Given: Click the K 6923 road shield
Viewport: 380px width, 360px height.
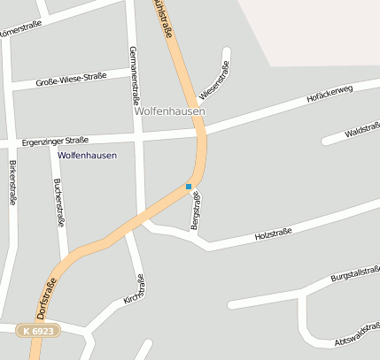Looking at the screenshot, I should click(39, 330).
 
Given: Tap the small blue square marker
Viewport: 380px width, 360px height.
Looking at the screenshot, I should click(189, 187).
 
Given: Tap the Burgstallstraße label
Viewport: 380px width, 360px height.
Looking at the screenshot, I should click(354, 277).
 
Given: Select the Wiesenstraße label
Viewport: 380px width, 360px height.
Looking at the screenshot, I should click(213, 80).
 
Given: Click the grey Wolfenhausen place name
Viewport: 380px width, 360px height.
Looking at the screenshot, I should click(169, 112).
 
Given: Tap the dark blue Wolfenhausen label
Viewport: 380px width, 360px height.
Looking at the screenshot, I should click(87, 155).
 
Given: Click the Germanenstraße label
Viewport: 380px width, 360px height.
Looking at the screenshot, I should click(134, 74).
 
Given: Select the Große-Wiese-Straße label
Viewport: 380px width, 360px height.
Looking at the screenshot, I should click(70, 80).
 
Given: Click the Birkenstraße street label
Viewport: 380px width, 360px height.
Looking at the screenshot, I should click(12, 182).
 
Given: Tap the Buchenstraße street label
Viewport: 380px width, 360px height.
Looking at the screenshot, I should click(58, 200).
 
